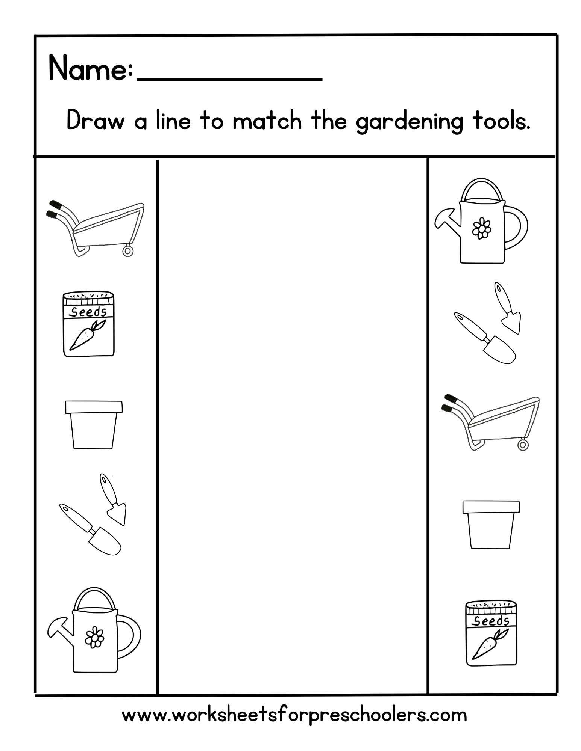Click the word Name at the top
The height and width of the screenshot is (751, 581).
[x=89, y=69]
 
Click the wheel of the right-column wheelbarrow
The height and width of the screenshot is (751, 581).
[x=522, y=445]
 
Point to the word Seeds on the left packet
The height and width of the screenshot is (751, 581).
[x=89, y=312]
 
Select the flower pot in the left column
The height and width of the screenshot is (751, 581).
[x=94, y=424]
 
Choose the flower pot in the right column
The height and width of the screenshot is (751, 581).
[x=491, y=524]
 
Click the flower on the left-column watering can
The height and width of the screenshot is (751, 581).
[x=94, y=637]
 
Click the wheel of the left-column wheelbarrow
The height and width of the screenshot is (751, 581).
[x=128, y=250]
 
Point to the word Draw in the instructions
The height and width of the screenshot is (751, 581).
[x=96, y=121]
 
